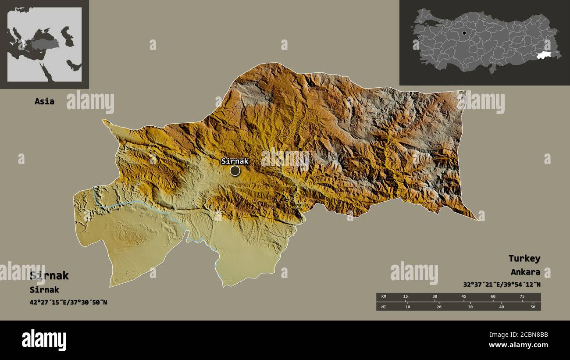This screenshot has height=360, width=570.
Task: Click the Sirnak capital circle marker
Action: click(235, 171)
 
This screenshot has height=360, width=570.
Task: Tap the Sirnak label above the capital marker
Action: click(235, 161)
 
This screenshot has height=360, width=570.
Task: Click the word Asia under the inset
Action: click(45, 101)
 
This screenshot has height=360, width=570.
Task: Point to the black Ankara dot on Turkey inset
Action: click(464, 33)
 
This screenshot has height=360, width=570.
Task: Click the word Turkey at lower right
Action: click(524, 258)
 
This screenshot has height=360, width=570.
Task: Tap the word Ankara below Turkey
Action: click(525, 272)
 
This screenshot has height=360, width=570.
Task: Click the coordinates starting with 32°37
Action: click(502, 284)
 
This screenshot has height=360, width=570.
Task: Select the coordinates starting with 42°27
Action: click(68, 302)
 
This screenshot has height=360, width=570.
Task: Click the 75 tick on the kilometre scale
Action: click(522, 297)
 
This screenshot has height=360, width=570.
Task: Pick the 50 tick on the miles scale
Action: click(533, 307)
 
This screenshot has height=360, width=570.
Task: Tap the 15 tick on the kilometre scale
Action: click(406, 297)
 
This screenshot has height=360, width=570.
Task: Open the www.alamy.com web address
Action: click(518, 345)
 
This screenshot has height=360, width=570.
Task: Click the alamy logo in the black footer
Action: click(44, 340)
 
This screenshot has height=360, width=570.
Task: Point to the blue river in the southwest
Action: click(132, 203)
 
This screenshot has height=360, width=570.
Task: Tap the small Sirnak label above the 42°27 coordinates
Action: click(44, 290)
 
